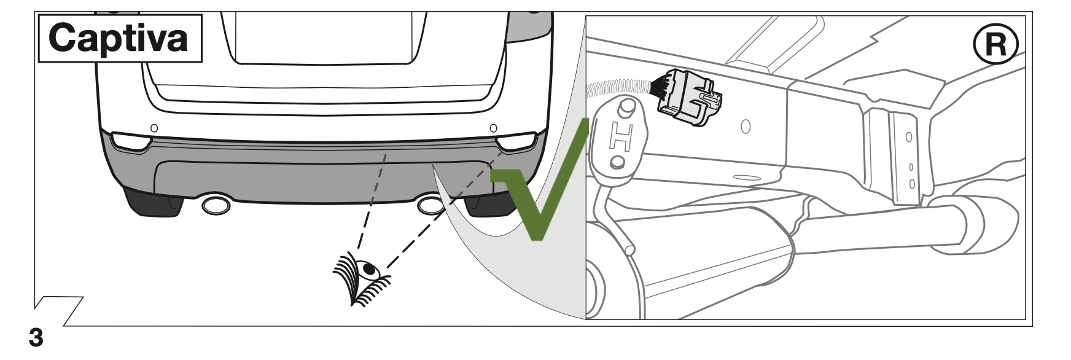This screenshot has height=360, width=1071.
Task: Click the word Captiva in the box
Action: click(119, 38)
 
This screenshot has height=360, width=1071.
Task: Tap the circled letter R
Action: click(995, 45)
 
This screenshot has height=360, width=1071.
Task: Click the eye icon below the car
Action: click(362, 277)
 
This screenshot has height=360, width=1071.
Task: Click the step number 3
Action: click(36, 338)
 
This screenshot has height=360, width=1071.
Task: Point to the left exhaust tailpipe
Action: click(216, 206)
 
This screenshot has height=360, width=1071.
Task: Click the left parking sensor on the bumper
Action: click(154, 128)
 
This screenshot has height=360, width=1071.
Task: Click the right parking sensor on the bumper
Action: click(493, 128)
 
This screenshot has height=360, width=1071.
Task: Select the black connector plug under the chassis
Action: click(688, 98)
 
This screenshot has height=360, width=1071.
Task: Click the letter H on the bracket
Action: click(619, 138)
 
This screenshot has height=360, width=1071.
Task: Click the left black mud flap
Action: click(154, 203)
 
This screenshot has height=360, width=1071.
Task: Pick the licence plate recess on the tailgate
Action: click(324, 37)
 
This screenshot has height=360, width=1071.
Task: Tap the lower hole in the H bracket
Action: click(618, 163)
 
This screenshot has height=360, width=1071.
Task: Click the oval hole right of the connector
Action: click(746, 127)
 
